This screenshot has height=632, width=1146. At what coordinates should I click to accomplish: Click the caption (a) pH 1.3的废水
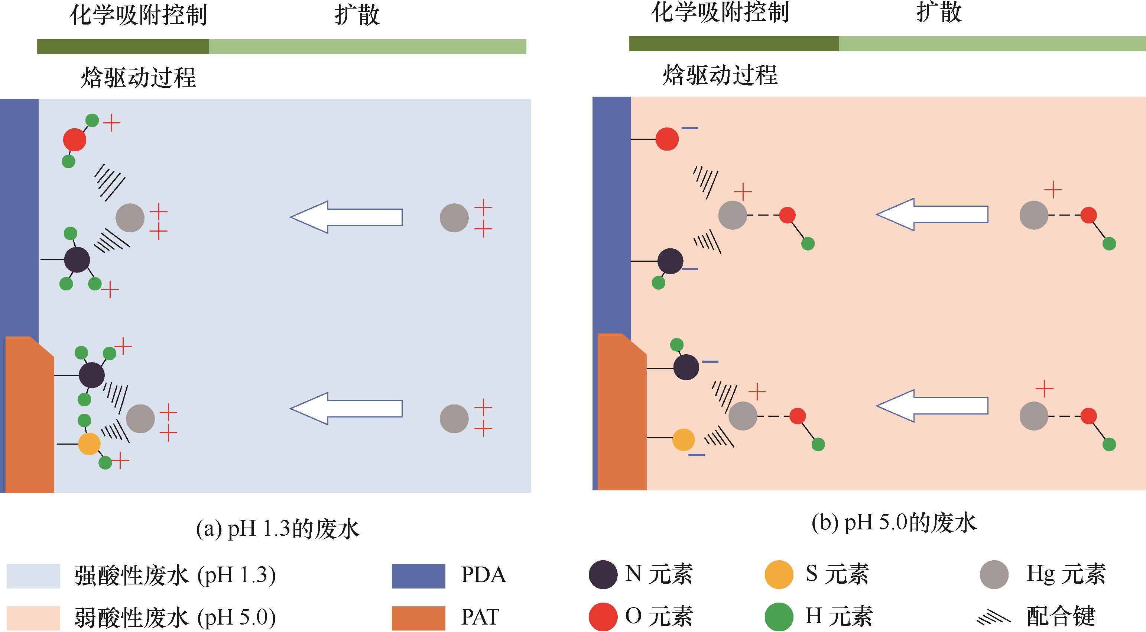[278, 529]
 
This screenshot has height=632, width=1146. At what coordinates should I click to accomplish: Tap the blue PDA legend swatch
[418, 576]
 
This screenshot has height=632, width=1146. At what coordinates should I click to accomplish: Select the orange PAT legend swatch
[418, 618]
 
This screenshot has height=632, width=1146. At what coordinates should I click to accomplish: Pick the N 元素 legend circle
[603, 575]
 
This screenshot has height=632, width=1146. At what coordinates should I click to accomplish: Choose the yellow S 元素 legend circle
[779, 575]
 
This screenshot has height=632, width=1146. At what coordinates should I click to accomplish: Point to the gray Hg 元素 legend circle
[994, 575]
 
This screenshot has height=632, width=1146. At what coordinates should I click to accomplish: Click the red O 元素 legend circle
[603, 617]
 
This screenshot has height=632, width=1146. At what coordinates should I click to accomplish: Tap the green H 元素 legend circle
[779, 617]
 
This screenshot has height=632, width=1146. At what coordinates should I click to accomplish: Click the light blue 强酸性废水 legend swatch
[33, 576]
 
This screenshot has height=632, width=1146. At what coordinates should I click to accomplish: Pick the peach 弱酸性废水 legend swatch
[33, 618]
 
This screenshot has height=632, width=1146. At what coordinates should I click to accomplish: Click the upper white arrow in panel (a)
[346, 217]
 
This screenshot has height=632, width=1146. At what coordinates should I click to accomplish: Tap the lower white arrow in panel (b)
[932, 406]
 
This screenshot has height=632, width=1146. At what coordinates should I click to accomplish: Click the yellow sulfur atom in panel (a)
[89, 444]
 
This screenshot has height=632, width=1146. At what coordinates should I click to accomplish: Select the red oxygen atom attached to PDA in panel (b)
[667, 139]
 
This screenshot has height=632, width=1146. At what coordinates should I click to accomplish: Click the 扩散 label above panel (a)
[357, 15]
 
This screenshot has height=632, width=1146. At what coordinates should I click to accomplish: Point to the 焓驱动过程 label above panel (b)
[720, 74]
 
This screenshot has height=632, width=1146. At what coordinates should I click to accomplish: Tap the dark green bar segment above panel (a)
[123, 46]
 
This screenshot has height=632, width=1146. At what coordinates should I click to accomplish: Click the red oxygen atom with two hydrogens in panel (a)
[74, 140]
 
